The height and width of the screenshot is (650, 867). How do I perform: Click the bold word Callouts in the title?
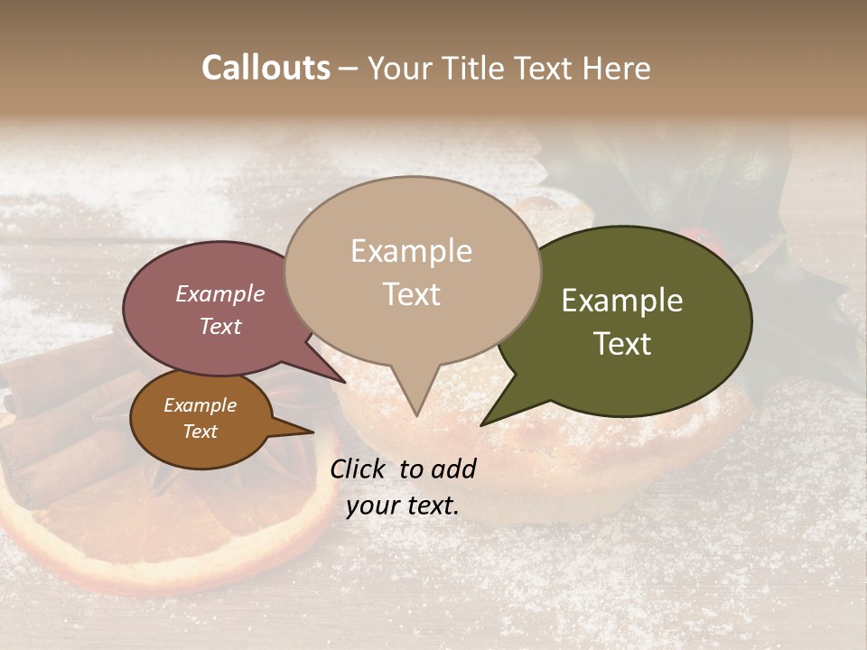266,68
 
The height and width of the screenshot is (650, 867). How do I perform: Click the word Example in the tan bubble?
411,251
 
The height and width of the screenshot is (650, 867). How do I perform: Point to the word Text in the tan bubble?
411,294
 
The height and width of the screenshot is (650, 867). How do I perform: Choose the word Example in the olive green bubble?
622,301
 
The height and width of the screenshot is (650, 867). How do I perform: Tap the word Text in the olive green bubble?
622,344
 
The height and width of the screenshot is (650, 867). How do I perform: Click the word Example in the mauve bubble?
219,293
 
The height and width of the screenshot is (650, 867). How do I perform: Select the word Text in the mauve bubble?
219,326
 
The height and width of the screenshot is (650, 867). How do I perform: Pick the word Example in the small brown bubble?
200,405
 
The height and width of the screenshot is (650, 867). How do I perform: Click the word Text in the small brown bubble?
200,432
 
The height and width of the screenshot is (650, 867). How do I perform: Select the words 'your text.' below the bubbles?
402,506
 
